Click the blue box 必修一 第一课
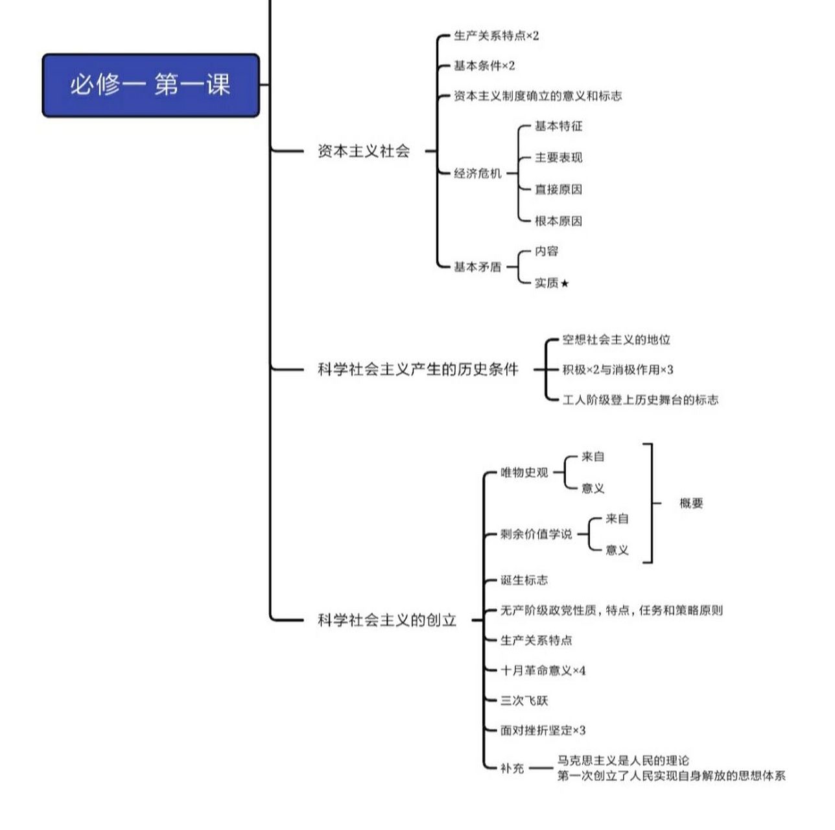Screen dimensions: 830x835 (150, 85)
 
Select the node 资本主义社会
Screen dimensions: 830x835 (364, 151)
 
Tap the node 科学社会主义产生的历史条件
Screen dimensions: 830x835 (417, 370)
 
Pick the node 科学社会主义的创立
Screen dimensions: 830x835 (387, 620)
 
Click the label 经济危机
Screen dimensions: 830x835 (478, 173)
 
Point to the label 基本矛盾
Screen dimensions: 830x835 (478, 267)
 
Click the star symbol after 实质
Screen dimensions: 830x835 (565, 283)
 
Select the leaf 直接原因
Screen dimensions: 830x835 (558, 189)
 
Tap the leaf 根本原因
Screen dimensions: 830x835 (558, 221)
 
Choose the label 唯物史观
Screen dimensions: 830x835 (524, 473)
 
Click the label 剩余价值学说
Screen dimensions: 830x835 (536, 534)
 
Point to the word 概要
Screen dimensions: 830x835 (691, 503)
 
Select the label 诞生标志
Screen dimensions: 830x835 (524, 580)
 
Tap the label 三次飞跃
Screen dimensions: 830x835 (524, 700)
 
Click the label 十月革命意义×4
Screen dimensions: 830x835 (543, 670)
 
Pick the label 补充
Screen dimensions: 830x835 (512, 768)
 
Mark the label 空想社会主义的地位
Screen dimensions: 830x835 (616, 340)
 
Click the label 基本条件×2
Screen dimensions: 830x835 (484, 65)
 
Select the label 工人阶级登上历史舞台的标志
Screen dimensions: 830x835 (640, 400)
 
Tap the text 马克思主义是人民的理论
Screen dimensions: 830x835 (623, 761)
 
